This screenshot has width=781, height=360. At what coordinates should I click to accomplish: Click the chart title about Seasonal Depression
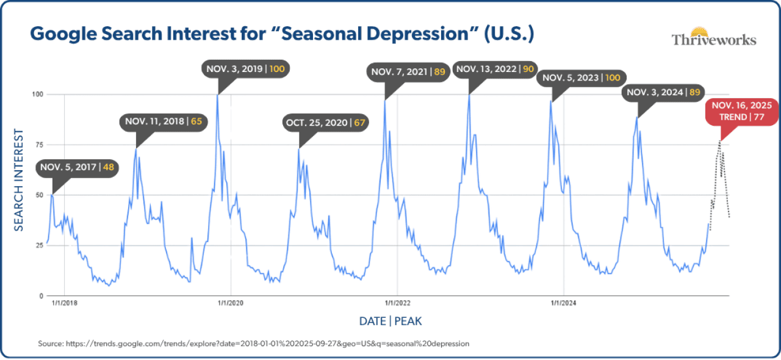[282, 34]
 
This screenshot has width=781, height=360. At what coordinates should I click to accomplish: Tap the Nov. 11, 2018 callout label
[164, 121]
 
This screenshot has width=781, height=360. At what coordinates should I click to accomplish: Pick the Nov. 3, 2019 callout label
[245, 69]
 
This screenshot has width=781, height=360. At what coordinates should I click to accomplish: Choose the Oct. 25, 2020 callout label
[326, 123]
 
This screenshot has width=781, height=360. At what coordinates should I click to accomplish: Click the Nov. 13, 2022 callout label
[495, 69]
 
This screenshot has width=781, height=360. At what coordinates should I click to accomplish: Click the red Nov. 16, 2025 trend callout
[741, 110]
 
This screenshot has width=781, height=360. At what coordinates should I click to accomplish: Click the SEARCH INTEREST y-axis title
[19, 179]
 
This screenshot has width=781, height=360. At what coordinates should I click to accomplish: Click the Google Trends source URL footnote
[253, 344]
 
